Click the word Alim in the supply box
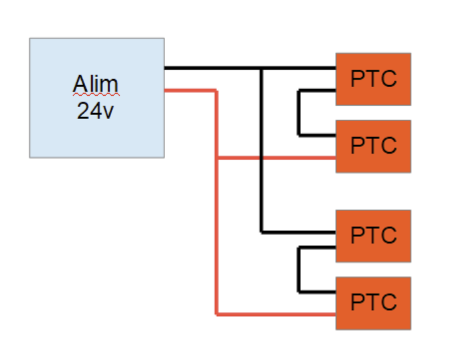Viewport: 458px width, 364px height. [96, 85]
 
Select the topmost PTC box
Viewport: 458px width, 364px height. [373, 79]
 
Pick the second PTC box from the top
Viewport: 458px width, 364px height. [373, 146]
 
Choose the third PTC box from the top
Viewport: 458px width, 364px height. [373, 236]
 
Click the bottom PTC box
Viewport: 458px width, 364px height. [373, 303]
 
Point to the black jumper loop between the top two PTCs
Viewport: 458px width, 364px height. [299, 112]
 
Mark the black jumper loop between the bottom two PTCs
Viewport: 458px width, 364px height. [299, 270]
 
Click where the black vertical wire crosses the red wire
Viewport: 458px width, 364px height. [262, 158]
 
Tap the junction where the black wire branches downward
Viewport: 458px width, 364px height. [262, 68]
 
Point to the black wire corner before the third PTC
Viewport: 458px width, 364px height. [262, 232]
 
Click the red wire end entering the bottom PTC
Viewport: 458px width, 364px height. [334, 313]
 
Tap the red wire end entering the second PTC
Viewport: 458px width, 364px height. [334, 158]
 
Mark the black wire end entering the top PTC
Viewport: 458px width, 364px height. [334, 68]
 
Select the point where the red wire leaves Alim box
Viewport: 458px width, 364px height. [165, 90]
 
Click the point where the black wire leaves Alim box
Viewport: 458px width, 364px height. [165, 68]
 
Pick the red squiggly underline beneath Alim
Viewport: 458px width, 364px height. [96, 95]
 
